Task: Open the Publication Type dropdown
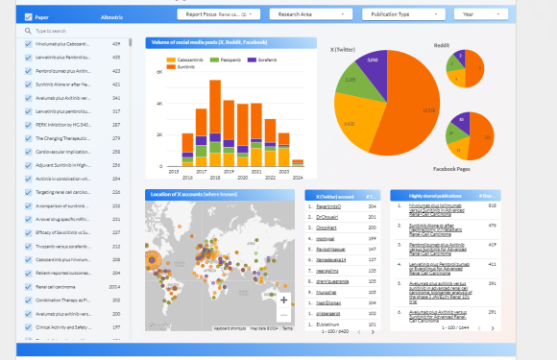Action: [404, 14]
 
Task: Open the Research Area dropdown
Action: [311, 14]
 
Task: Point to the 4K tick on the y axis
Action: [159, 103]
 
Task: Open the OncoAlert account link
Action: [328, 227]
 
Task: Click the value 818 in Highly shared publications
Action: [493, 205]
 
